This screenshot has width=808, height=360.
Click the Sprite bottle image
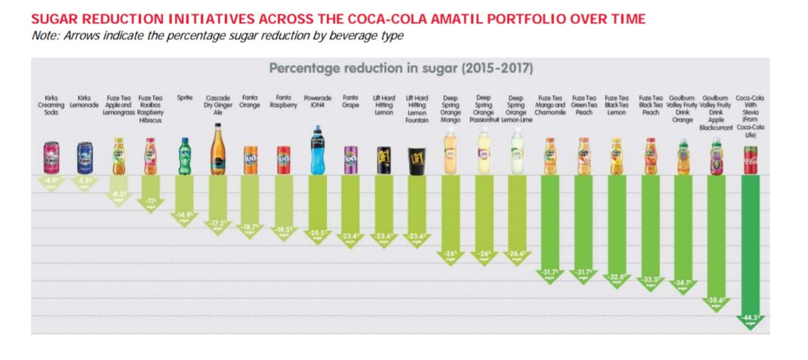point(184,156)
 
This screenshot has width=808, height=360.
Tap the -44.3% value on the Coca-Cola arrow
point(750,318)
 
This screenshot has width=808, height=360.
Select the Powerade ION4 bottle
point(318,151)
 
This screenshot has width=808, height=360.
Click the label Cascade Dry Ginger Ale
point(217,106)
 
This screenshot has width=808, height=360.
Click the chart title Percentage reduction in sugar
point(401,69)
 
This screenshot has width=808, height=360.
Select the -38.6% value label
point(716,300)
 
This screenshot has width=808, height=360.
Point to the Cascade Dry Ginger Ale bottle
point(217,149)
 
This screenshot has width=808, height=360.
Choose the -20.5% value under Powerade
point(318,234)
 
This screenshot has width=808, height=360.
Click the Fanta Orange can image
point(250,160)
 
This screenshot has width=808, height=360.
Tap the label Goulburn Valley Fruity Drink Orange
point(683,109)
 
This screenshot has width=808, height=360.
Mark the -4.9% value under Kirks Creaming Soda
point(51,181)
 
